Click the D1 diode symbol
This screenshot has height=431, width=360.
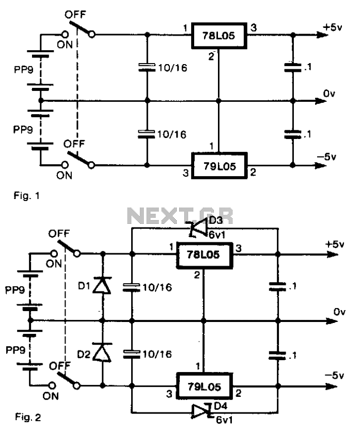[x=102, y=285]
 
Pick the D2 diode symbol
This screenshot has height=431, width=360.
[x=102, y=352]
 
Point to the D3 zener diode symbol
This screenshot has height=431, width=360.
[x=197, y=228]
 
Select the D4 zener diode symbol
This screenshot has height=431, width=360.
[x=202, y=411]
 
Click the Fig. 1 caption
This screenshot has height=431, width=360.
[x=27, y=196]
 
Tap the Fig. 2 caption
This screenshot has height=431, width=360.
[x=28, y=417]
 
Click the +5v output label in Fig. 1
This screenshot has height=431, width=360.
[x=333, y=27]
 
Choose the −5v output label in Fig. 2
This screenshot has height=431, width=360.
[x=334, y=375]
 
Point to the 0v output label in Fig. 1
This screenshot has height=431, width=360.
[x=329, y=94]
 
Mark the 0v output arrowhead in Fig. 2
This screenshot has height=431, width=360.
[x=332, y=321]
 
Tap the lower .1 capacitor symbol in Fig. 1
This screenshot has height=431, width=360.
[x=293, y=134]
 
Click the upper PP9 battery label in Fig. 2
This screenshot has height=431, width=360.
[x=15, y=290]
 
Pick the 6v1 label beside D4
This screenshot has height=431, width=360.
[x=224, y=420]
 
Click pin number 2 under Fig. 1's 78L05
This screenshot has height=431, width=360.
[x=211, y=56]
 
